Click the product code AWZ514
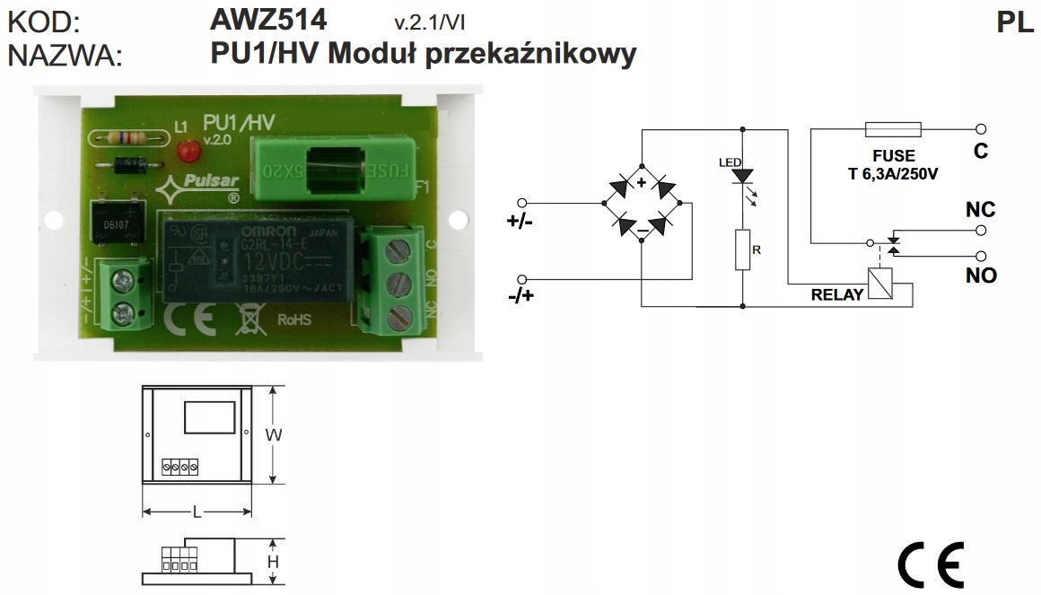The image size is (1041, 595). (x=268, y=19)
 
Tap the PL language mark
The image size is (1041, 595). (x=1015, y=22)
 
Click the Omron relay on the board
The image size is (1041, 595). (x=252, y=258)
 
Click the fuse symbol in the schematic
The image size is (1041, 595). (x=892, y=129)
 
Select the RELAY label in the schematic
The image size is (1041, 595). (x=836, y=294)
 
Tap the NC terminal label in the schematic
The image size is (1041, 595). (x=980, y=210)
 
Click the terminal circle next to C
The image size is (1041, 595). (x=981, y=129)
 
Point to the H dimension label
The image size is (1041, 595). (x=274, y=562)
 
